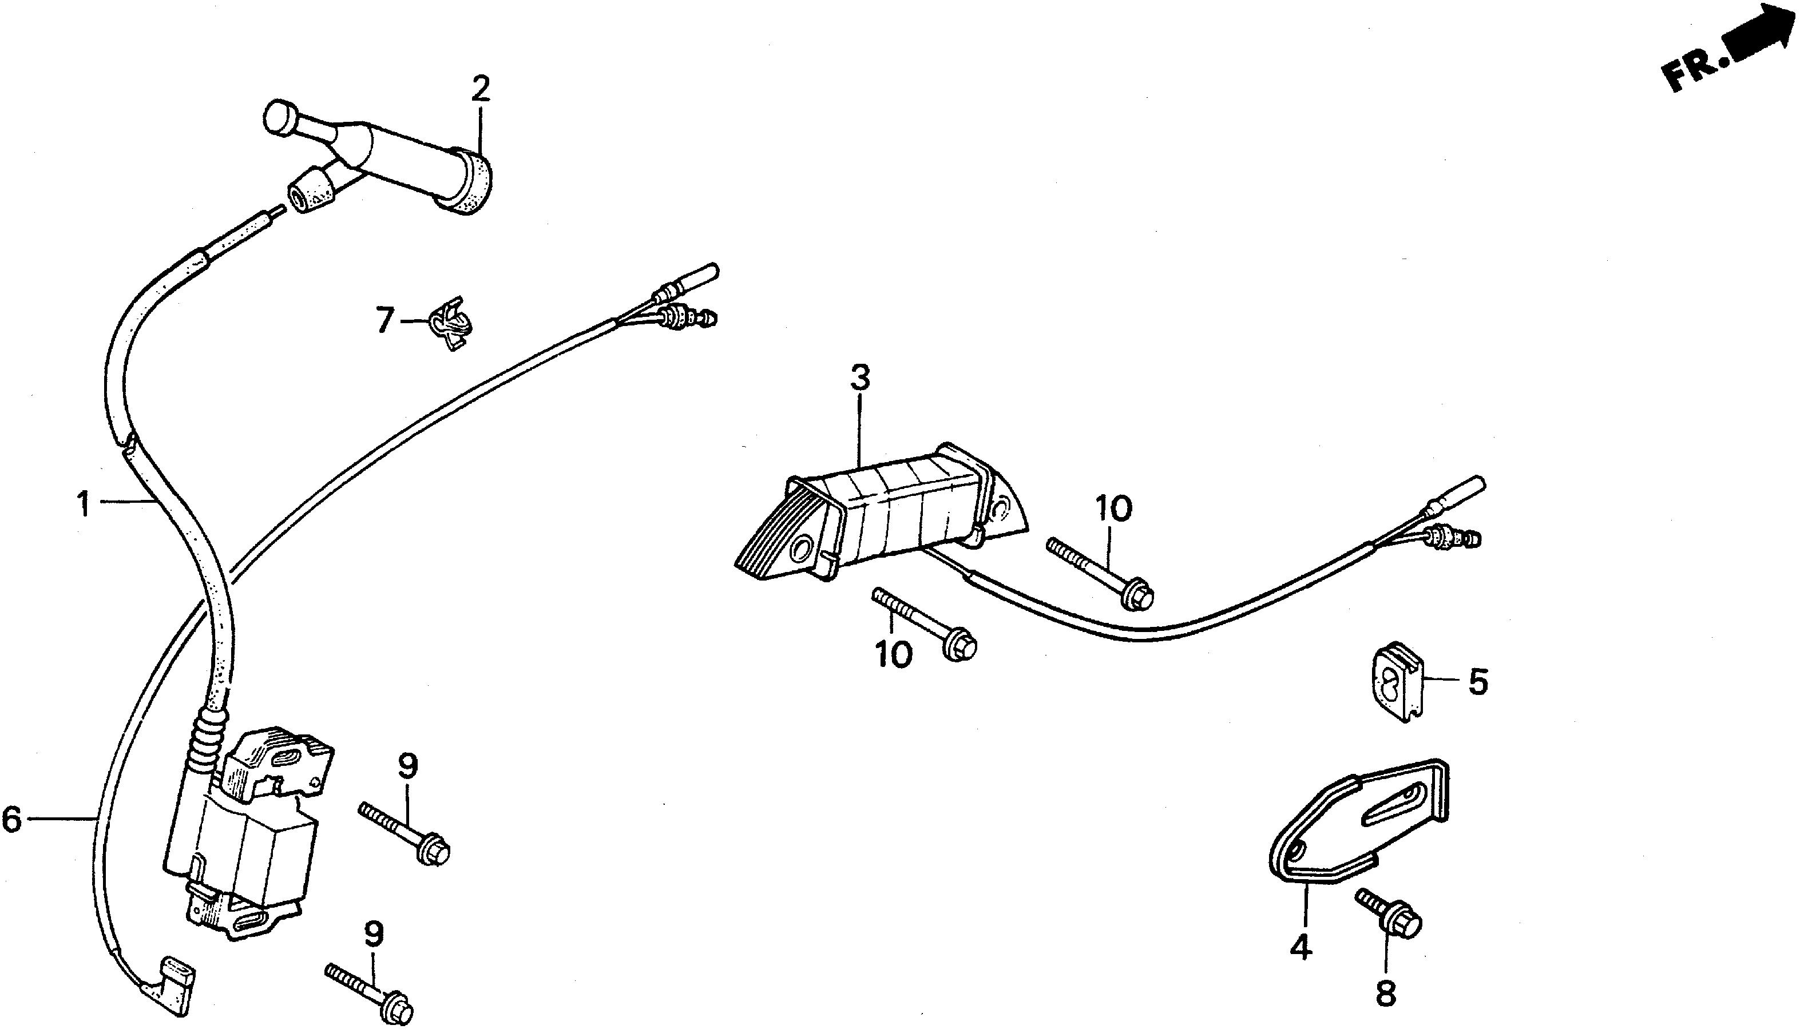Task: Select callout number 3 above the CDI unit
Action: [859, 378]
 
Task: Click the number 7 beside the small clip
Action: [384, 321]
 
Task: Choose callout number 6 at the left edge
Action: [12, 820]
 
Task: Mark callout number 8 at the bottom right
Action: [1385, 994]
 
